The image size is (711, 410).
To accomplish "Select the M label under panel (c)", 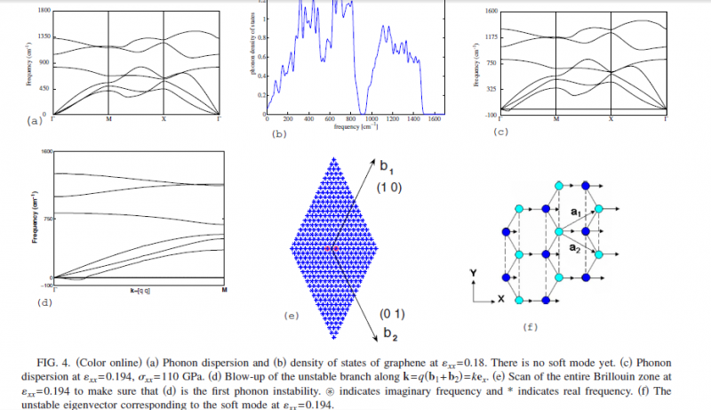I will point(556,118).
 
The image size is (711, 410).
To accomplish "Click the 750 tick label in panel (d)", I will point(44,216).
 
